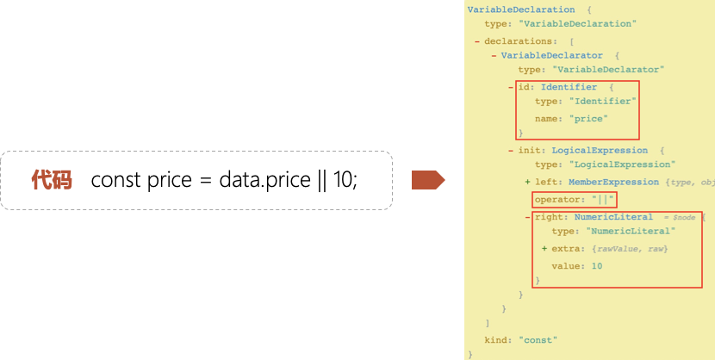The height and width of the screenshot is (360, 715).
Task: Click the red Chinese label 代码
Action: coord(52,180)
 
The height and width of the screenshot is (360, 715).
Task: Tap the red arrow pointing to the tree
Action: coord(428,180)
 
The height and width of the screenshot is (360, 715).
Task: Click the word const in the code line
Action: coord(115,180)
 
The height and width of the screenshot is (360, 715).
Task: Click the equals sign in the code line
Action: coord(205,181)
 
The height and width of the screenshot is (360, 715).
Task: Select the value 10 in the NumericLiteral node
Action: coord(597,266)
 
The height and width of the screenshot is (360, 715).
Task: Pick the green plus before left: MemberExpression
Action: coord(527,183)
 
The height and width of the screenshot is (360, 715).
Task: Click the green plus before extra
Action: coord(544,249)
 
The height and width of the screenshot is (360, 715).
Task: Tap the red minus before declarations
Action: coord(477,41)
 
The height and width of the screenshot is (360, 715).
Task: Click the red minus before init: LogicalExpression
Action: coord(511,151)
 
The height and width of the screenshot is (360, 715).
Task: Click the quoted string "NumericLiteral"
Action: coord(631,231)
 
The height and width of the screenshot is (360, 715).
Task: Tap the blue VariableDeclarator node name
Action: coord(551,56)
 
